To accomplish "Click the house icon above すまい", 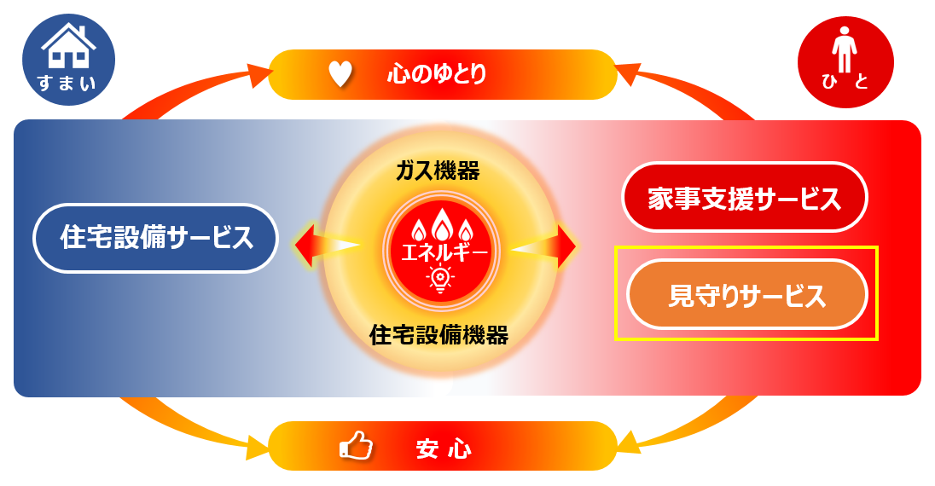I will [68, 46].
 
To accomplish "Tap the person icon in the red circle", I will [845, 49].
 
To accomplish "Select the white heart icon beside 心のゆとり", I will [340, 74].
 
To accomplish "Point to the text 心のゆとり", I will [436, 74].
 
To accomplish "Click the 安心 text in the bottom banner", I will [443, 447].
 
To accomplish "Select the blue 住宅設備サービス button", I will [156, 238].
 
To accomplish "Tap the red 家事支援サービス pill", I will [744, 197].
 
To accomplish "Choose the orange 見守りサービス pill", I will [746, 295].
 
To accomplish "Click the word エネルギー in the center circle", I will [439, 252].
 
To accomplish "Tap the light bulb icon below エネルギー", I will [440, 278].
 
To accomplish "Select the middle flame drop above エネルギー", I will [440, 224].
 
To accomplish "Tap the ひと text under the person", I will [845, 83].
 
